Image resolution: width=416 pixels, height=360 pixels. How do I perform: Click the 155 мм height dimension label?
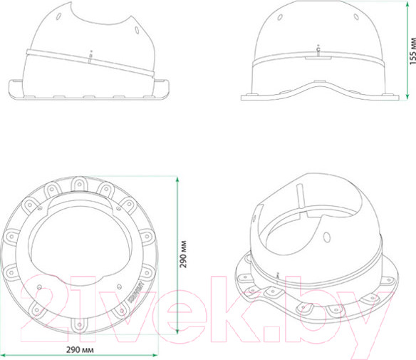coord(412,51)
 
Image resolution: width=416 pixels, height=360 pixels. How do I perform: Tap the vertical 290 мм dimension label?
coord(183,254)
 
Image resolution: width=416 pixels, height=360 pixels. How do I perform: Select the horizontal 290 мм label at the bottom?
coord(80,349)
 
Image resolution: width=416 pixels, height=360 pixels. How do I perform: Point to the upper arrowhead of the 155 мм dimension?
coord(407,4)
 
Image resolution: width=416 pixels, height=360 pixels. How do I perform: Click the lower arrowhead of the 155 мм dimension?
coord(407,97)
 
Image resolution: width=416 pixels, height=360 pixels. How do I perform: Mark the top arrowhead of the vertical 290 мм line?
coord(177,179)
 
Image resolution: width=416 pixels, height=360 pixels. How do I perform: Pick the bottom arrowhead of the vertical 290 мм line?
coord(177,331)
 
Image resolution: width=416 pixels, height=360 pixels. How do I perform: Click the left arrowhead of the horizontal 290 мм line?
coord(4,355)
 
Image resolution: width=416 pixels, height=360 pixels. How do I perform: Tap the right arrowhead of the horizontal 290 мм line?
coord(155,355)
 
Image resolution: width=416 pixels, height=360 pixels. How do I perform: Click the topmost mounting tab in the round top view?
coord(79,184)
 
